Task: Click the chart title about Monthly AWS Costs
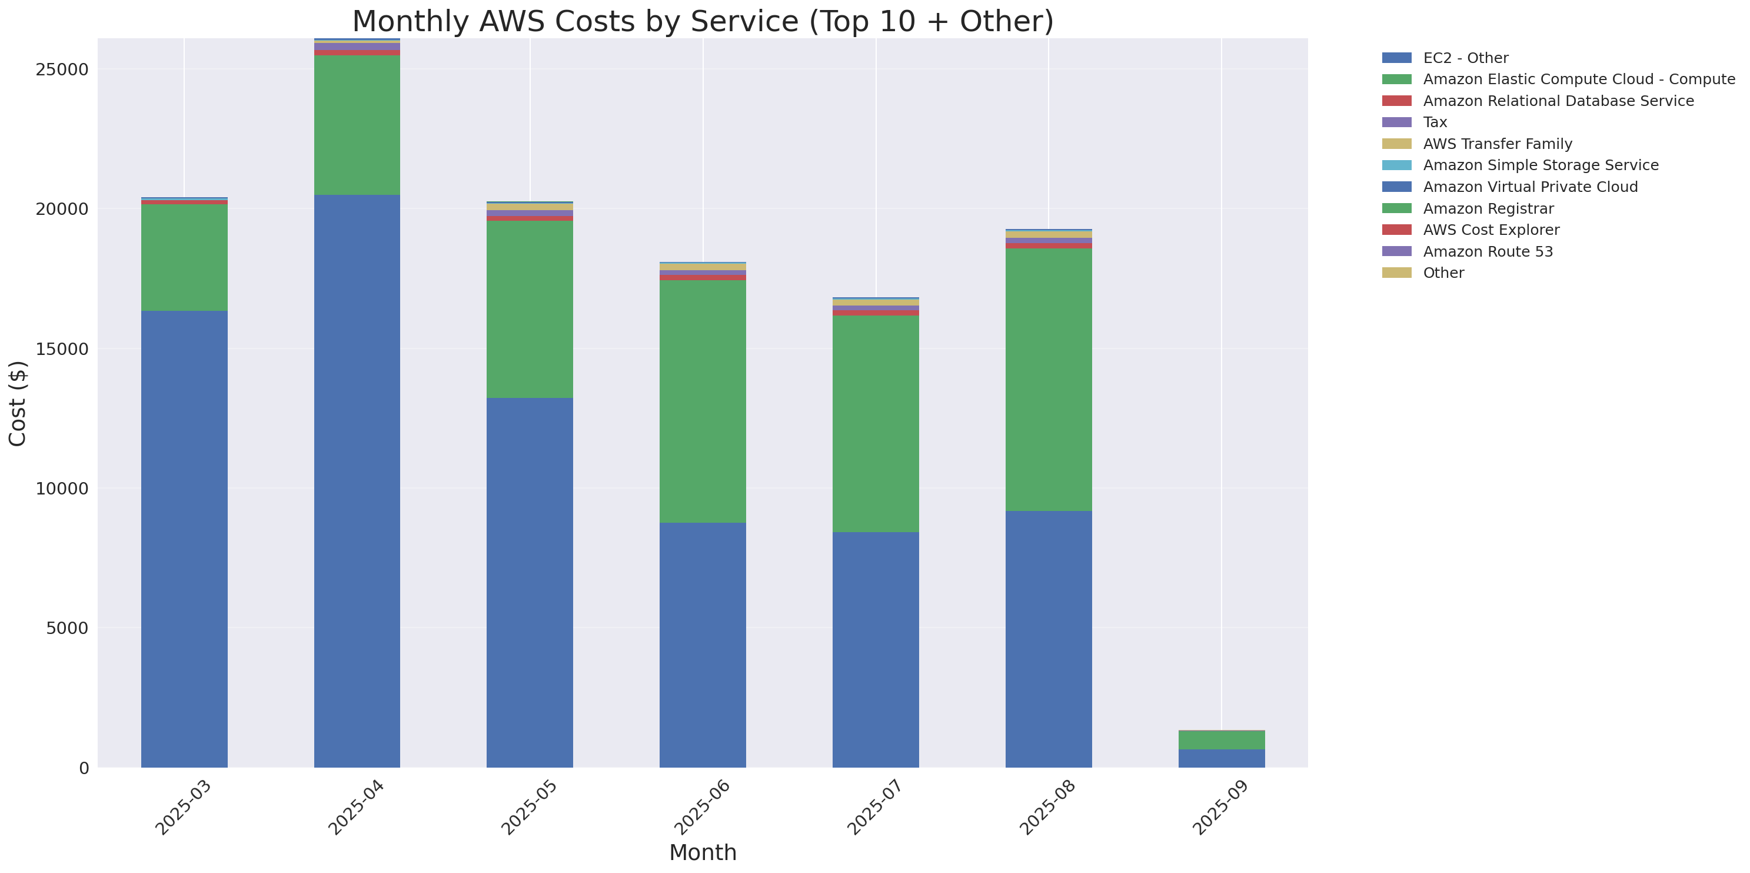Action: tap(703, 21)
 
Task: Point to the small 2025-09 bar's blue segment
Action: tap(1221, 758)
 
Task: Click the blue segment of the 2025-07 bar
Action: tap(875, 649)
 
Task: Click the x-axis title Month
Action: tap(703, 852)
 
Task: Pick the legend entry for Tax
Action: tap(1435, 122)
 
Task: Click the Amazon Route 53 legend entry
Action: tap(1488, 251)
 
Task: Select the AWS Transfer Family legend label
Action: tap(1498, 144)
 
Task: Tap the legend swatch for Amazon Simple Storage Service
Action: tap(1396, 165)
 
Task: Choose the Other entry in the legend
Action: tap(1443, 273)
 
